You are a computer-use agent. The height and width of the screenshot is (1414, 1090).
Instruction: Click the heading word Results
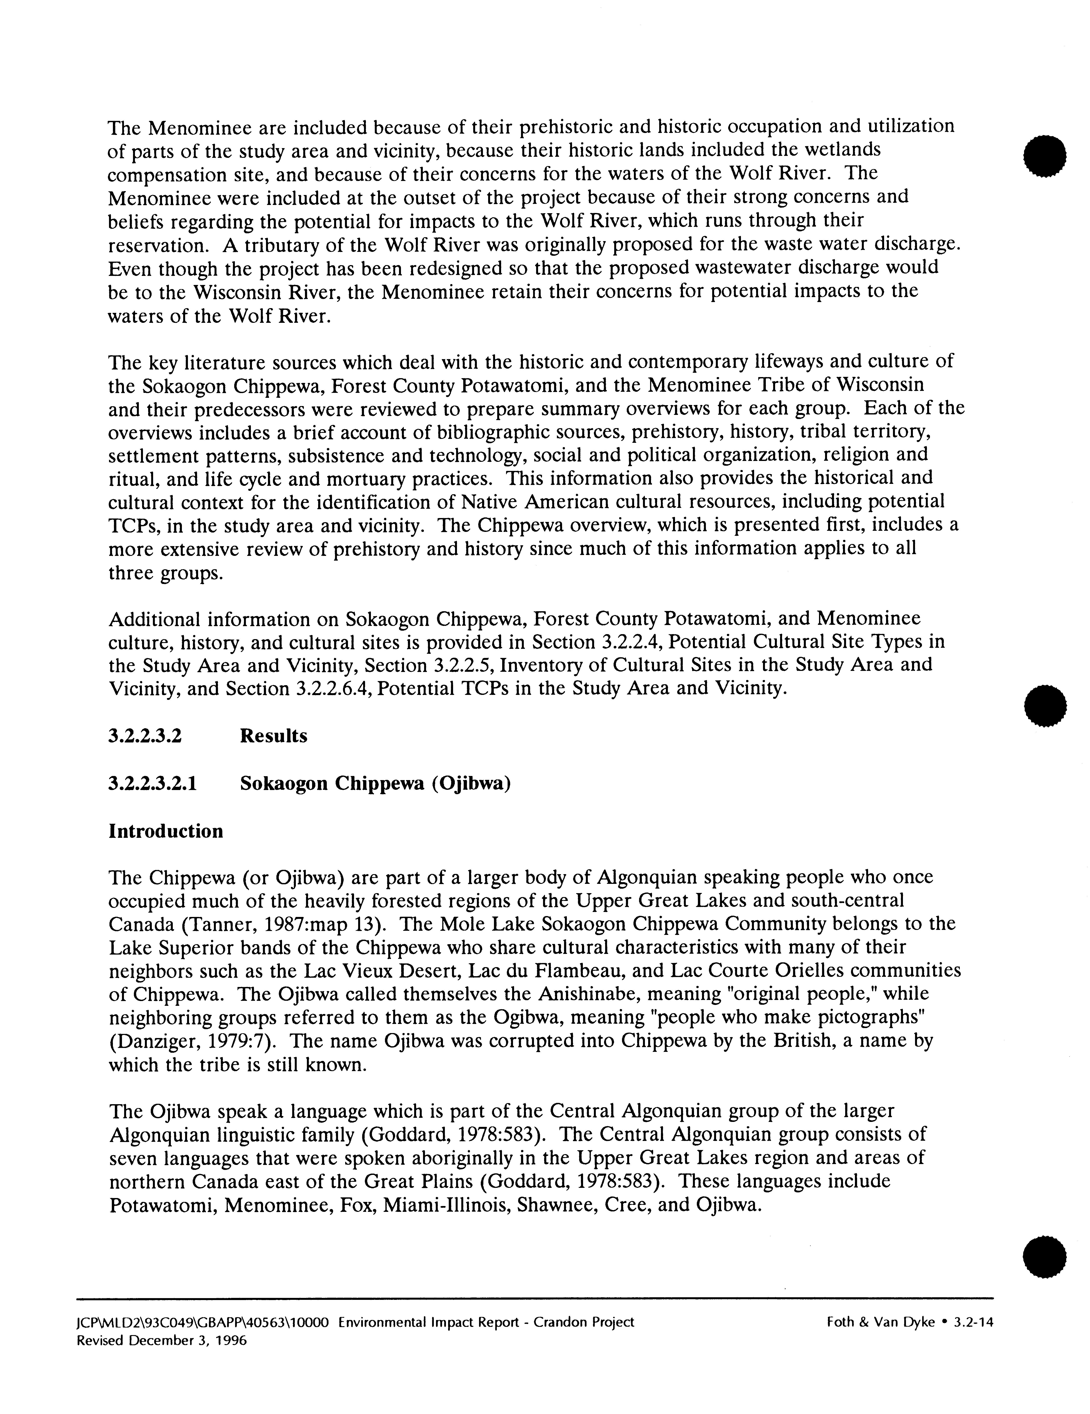pos(273,736)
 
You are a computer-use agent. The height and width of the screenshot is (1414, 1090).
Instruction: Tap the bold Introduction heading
pos(166,831)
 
